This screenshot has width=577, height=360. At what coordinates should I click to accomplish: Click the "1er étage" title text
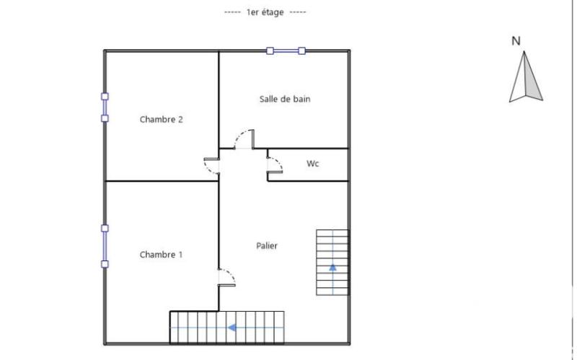tap(265, 12)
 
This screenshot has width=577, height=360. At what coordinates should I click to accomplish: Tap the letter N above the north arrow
tap(516, 41)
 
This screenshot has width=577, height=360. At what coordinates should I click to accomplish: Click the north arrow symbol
tap(526, 79)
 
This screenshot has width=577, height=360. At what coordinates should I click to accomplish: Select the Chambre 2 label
tap(161, 120)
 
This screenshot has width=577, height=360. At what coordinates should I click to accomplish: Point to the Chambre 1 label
tap(161, 255)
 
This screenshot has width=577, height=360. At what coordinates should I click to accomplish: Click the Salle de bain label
tap(285, 99)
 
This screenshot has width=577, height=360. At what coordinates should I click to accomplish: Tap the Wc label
tap(312, 164)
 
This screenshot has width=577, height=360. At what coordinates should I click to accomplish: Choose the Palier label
tap(267, 246)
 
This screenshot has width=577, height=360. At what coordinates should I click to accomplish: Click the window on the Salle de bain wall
tap(286, 51)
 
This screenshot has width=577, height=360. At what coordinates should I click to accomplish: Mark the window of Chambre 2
tap(105, 107)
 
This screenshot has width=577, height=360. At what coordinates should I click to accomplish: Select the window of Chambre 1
tap(105, 246)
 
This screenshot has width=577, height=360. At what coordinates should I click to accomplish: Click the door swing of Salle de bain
tap(245, 139)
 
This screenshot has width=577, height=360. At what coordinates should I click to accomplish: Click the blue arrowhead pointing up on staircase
tap(332, 268)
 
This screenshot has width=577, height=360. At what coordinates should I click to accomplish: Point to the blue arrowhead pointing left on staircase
tap(233, 328)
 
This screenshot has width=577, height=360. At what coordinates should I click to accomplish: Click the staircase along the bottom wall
tap(227, 328)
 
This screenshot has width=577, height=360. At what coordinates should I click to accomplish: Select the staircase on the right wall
tap(332, 262)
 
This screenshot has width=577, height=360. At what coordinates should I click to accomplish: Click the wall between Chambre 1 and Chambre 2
tap(161, 180)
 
